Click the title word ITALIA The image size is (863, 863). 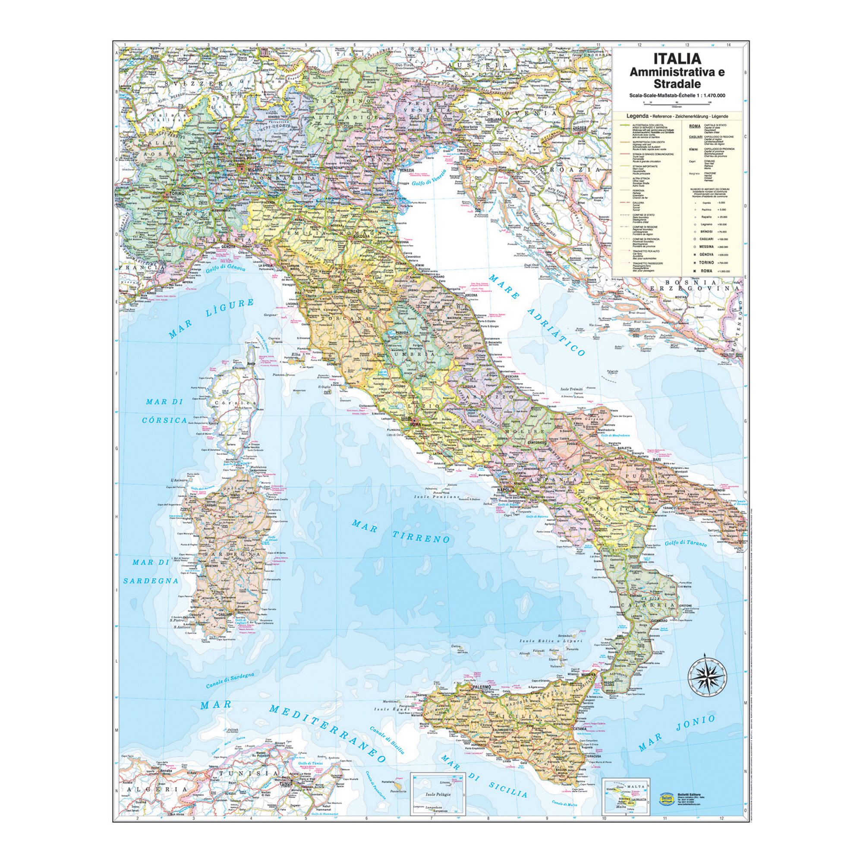coord(677,59)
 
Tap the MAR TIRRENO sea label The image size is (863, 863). coord(401,531)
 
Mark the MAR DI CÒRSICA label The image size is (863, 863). coord(164,411)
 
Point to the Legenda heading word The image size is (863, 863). coord(637,116)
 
